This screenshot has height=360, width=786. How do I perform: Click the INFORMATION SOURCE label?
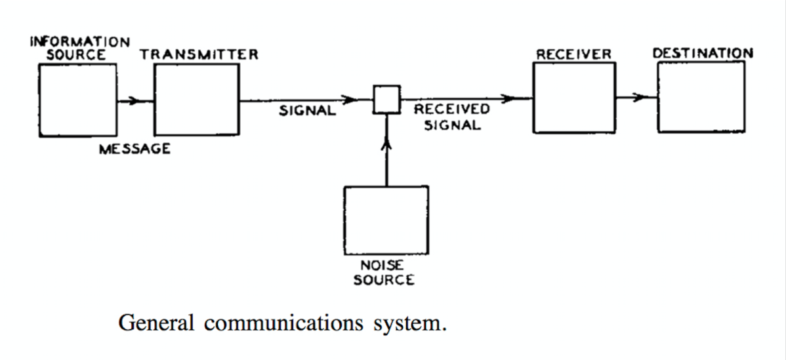(x=80, y=48)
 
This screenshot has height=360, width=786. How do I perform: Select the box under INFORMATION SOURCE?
(x=77, y=100)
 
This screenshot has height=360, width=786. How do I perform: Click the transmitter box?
(x=196, y=100)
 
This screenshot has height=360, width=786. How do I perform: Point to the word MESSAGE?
(x=134, y=149)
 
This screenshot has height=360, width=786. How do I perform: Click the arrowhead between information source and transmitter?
(x=134, y=101)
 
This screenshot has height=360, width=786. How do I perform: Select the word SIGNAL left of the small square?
(x=307, y=111)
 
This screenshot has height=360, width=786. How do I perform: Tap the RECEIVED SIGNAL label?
(x=451, y=117)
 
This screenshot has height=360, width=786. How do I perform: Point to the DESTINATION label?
(x=703, y=53)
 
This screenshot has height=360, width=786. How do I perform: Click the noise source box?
(x=386, y=220)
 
